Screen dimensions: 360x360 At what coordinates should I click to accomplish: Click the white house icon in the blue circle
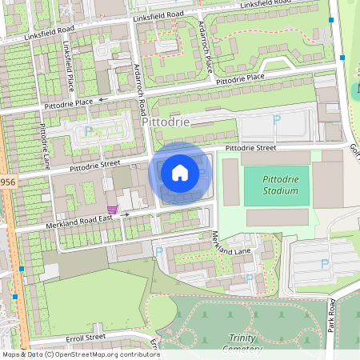[x=180, y=172]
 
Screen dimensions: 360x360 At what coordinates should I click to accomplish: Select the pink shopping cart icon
[x=113, y=210]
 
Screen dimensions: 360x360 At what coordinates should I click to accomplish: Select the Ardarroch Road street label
[x=141, y=90]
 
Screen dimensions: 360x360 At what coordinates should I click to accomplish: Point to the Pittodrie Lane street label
[x=45, y=146]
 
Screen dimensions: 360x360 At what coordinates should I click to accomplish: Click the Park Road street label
[x=331, y=315]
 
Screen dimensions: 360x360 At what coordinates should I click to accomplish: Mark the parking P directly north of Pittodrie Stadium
[x=277, y=120]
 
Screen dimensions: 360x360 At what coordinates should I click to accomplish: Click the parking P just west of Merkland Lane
[x=158, y=251]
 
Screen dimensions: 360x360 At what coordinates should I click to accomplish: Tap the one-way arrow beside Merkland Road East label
[x=124, y=214]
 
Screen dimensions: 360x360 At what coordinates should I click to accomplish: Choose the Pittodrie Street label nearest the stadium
[x=250, y=148]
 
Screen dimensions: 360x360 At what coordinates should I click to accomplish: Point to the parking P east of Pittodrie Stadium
[x=324, y=263]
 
